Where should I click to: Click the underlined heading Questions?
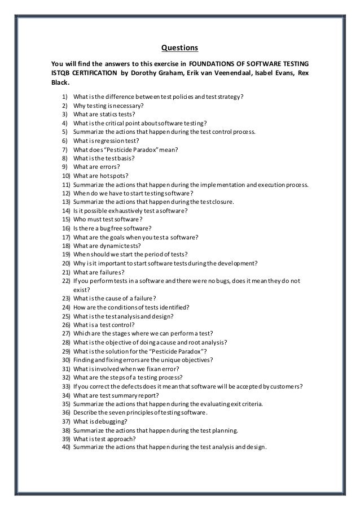[179, 47]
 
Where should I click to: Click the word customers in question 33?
[284, 387]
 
